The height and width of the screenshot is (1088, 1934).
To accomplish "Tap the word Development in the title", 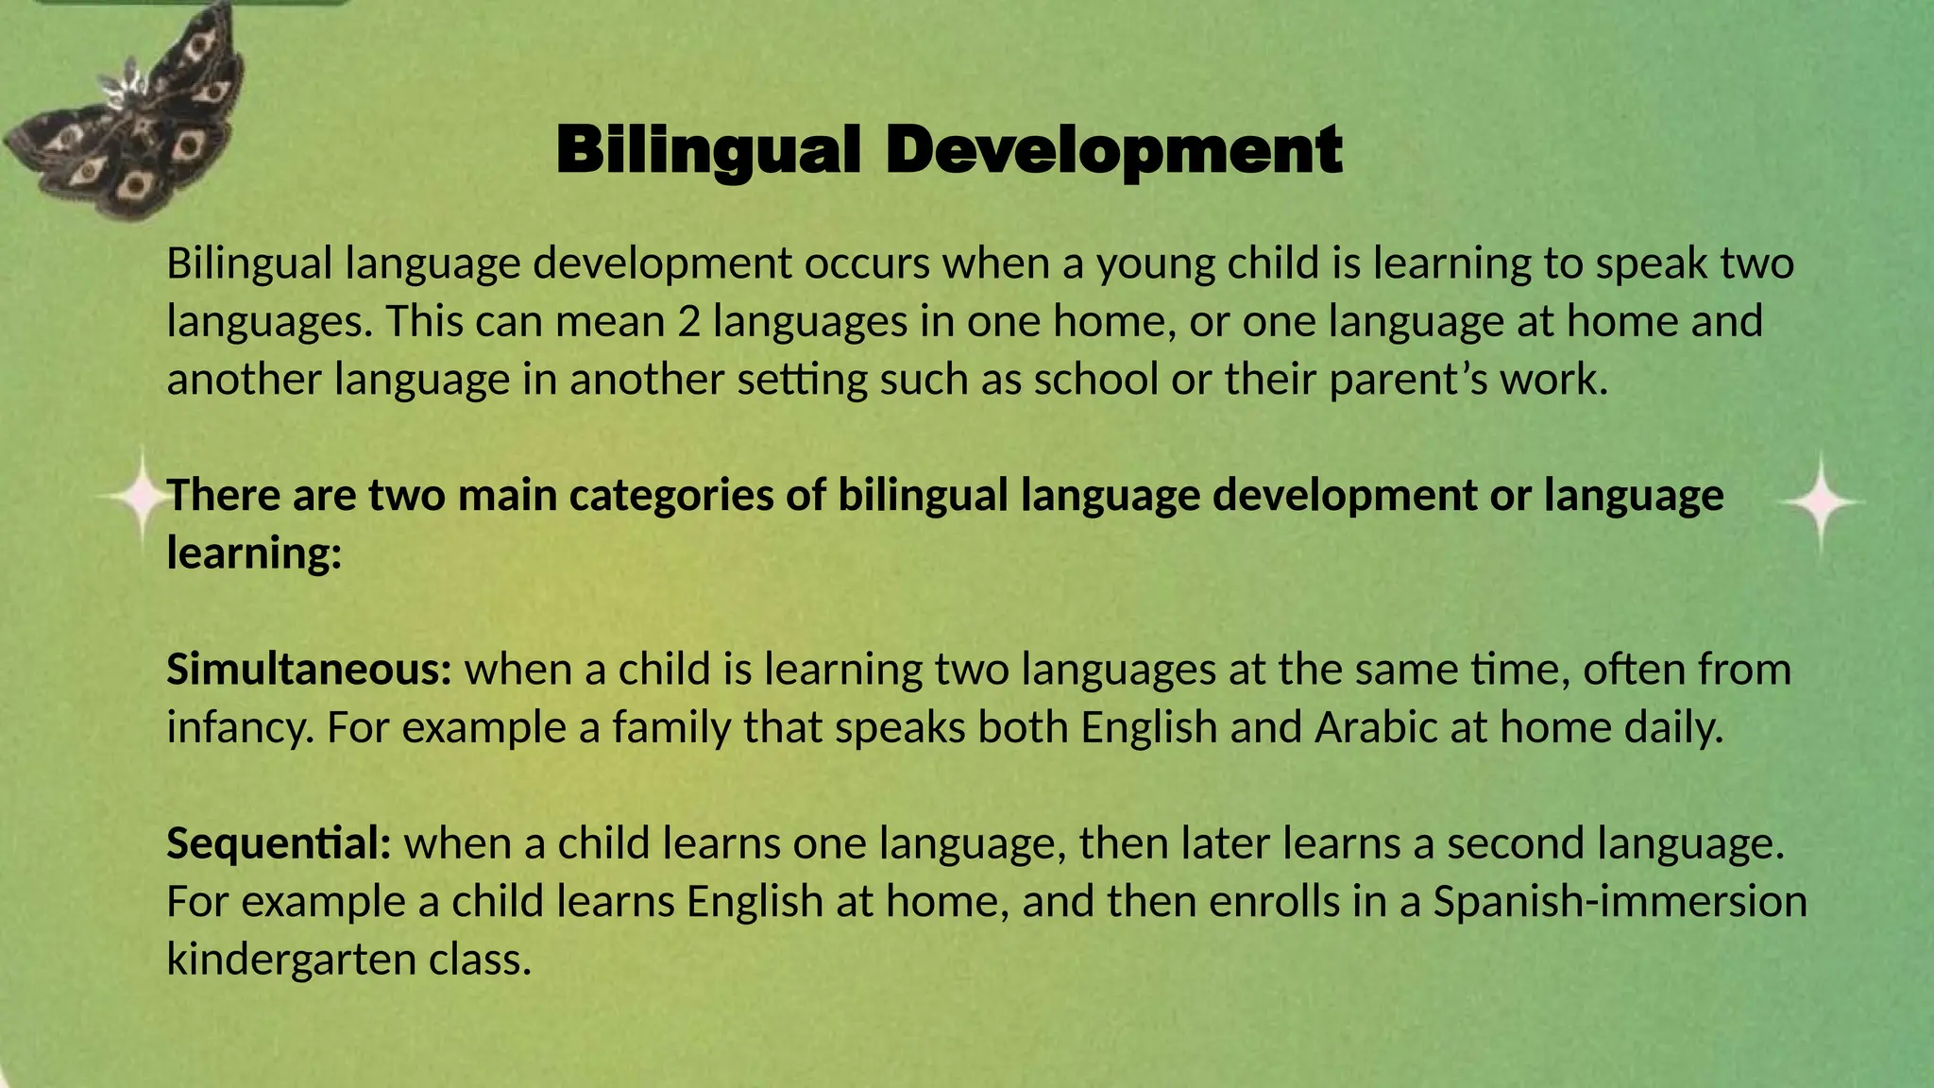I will [x=1114, y=151].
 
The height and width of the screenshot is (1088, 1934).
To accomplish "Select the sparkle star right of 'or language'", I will [x=1822, y=501].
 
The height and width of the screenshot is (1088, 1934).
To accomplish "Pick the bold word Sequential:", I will [x=279, y=843].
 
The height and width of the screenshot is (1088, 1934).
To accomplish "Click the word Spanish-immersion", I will [x=1620, y=902].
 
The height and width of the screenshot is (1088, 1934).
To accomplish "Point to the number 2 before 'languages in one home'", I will [x=688, y=322].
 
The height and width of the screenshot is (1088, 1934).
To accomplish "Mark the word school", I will [x=1095, y=380].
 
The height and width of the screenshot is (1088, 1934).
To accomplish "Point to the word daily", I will [x=1673, y=728].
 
